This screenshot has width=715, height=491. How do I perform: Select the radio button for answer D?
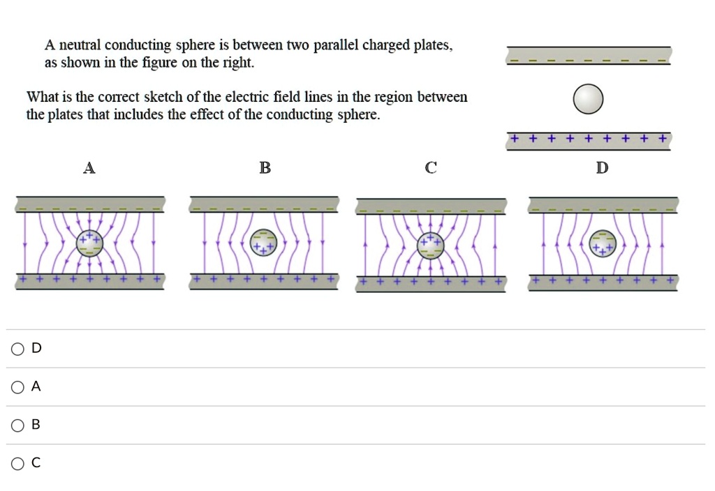tap(17, 349)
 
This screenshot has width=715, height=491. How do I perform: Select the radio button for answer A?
tap(17, 387)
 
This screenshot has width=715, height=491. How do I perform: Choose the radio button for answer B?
tap(17, 425)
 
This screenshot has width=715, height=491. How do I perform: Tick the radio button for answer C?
tap(17, 462)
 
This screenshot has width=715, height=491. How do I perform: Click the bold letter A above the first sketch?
tap(89, 168)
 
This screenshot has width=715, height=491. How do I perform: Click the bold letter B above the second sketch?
tap(265, 168)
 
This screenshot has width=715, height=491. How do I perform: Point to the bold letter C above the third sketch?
tap(431, 168)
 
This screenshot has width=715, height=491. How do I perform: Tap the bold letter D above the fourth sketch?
tap(602, 168)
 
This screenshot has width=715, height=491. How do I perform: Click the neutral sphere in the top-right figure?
tap(588, 98)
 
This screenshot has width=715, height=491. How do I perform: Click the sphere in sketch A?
tap(89, 243)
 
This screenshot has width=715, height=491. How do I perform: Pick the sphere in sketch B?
tap(264, 243)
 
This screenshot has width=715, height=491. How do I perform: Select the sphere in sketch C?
tap(431, 245)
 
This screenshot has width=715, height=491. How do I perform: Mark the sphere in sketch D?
tap(603, 243)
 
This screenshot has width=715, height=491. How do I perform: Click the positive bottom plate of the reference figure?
tap(589, 141)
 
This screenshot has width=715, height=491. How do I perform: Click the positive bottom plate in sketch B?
tap(265, 281)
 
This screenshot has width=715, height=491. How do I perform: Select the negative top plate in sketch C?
tap(431, 206)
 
